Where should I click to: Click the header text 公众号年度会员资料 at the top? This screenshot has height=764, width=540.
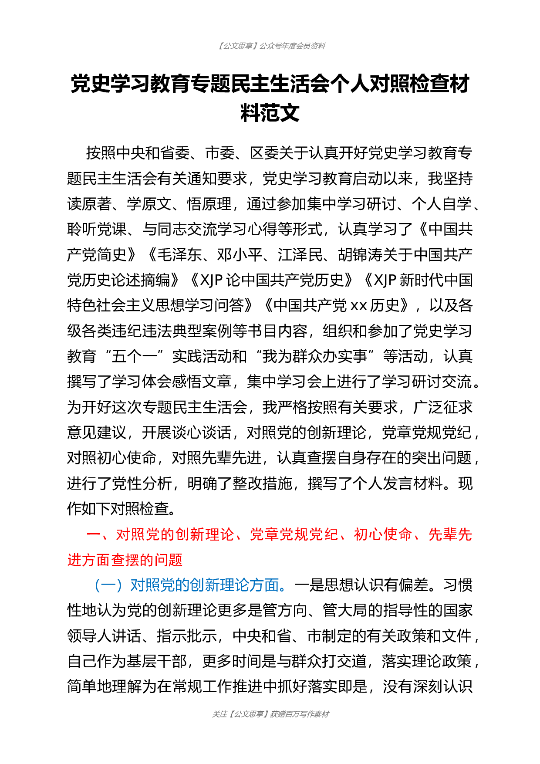(292, 46)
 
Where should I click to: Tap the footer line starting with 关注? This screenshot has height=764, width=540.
(270, 714)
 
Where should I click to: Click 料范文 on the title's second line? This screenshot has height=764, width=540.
(270, 113)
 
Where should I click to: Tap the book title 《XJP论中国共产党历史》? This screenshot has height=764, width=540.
(273, 280)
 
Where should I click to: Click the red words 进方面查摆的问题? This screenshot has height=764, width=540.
(125, 560)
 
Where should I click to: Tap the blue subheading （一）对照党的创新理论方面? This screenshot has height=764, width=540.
(186, 585)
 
